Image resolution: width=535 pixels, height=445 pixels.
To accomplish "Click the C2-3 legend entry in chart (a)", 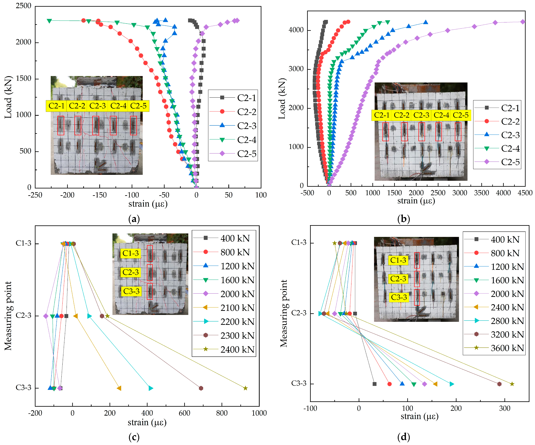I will [246, 126].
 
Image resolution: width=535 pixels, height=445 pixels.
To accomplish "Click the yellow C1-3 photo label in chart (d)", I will [398, 260].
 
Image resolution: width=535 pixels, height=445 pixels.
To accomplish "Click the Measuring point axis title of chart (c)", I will [8, 316].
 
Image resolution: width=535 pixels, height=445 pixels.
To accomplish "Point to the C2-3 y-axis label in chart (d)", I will [299, 313].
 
